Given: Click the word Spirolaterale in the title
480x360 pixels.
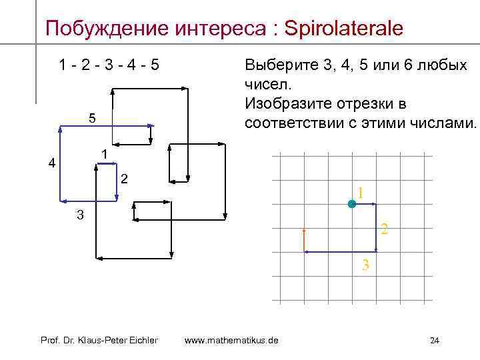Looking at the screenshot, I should tap(343, 28).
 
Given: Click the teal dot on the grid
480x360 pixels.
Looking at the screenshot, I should tap(352, 204).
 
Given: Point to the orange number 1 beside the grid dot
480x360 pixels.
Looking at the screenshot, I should tap(360, 193).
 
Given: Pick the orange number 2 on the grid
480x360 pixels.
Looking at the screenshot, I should tap(384, 231).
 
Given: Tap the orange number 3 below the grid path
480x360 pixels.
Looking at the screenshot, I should tap(365, 265).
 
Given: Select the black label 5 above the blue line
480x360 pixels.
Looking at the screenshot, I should tap(93, 119).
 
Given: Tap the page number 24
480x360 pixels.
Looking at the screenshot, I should tap(435, 341).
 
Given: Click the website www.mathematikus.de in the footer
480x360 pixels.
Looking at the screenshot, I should tap(231, 341).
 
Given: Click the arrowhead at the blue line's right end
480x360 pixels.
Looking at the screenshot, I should tap(151, 125).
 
